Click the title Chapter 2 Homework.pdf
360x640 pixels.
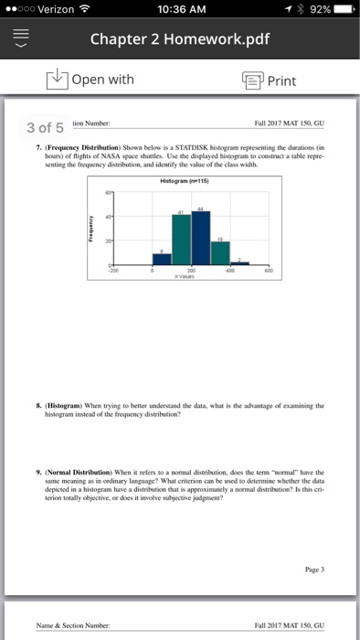(x=179, y=40)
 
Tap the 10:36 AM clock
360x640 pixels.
(x=181, y=10)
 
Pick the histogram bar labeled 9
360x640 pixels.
(x=162, y=259)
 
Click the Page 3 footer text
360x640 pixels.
(x=310, y=568)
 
